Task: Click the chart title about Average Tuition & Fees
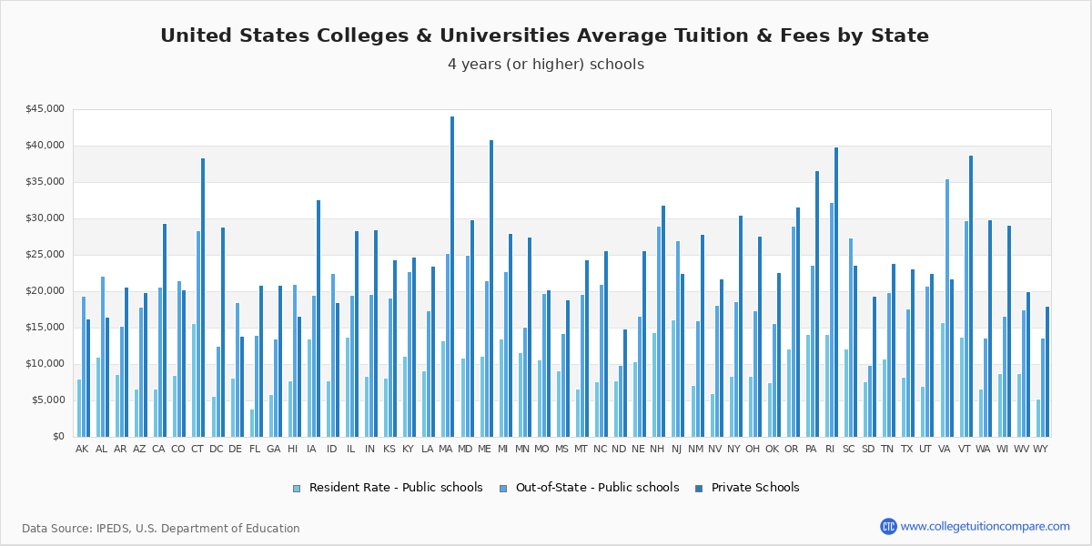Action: click(544, 36)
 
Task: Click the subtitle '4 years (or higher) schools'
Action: click(545, 65)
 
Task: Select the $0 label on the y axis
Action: click(57, 437)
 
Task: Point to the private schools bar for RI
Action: click(835, 292)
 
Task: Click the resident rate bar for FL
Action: click(252, 423)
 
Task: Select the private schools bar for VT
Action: click(971, 296)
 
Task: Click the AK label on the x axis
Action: click(82, 450)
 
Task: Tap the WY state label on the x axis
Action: click(1040, 450)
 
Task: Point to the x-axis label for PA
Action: click(811, 450)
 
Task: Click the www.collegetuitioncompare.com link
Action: click(985, 526)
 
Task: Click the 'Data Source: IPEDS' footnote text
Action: click(160, 529)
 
